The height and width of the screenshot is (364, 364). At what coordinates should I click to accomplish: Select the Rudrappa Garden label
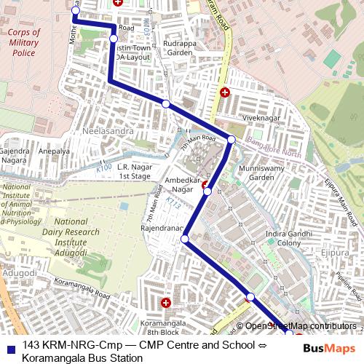pyautogui.click(x=180, y=47)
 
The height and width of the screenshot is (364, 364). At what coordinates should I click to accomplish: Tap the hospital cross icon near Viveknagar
pyautogui.click(x=225, y=92)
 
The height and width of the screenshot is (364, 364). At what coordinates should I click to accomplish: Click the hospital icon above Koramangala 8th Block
pyautogui.click(x=166, y=302)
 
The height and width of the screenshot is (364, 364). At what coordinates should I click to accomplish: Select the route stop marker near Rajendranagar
pyautogui.click(x=185, y=239)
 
